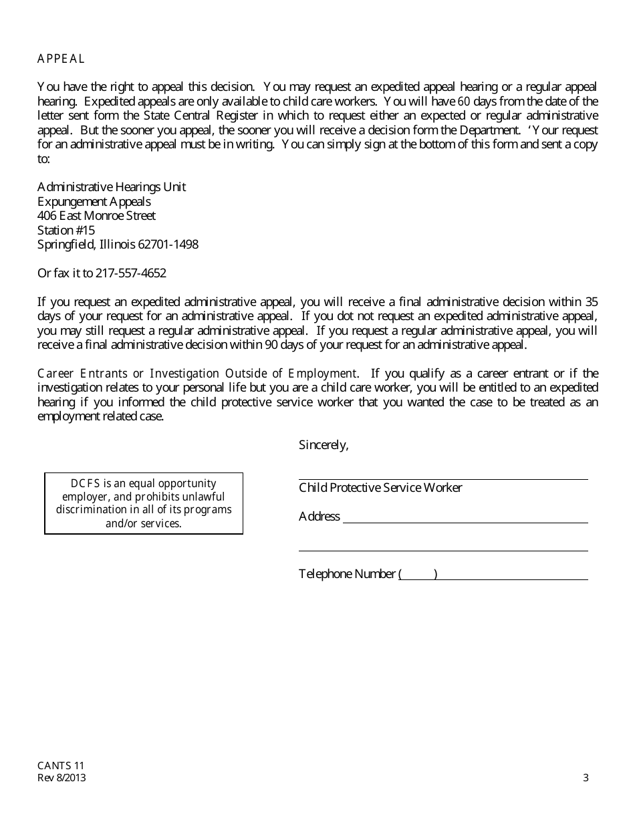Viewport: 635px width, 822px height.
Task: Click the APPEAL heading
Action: (x=61, y=59)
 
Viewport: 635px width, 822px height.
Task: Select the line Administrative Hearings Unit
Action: (x=112, y=187)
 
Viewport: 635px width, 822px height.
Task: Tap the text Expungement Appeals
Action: (x=94, y=202)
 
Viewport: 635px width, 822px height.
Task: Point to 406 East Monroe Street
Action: (x=96, y=216)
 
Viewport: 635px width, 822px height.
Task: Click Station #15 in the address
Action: (x=66, y=231)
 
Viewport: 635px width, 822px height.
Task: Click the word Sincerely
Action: (x=324, y=445)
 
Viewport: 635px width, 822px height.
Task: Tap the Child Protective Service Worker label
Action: (x=380, y=488)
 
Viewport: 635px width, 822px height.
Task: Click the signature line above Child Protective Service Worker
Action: (x=443, y=478)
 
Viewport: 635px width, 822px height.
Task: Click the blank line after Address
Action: (x=465, y=522)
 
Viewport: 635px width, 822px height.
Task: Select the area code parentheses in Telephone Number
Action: (x=418, y=574)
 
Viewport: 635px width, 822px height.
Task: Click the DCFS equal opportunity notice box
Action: (x=144, y=503)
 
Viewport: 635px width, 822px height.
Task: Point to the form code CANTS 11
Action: (x=61, y=766)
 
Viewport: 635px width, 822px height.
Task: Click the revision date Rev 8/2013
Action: (x=61, y=778)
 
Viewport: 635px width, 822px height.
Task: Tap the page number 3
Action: (x=586, y=778)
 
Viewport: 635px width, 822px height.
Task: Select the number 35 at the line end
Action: (x=591, y=302)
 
